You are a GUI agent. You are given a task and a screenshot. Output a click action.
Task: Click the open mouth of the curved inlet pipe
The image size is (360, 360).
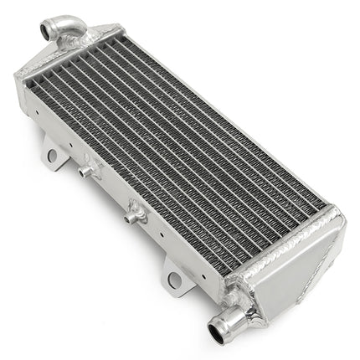coord(45,31)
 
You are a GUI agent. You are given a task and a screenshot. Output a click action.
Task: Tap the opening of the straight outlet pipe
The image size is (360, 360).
coord(217,334)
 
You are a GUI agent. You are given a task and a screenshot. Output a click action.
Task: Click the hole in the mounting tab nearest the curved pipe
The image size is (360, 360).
coord(53,155)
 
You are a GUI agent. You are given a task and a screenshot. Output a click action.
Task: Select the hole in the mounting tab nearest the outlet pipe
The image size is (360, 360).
coord(173,280)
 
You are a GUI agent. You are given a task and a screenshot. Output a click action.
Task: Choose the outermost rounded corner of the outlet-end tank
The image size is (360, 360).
coord(340,221)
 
